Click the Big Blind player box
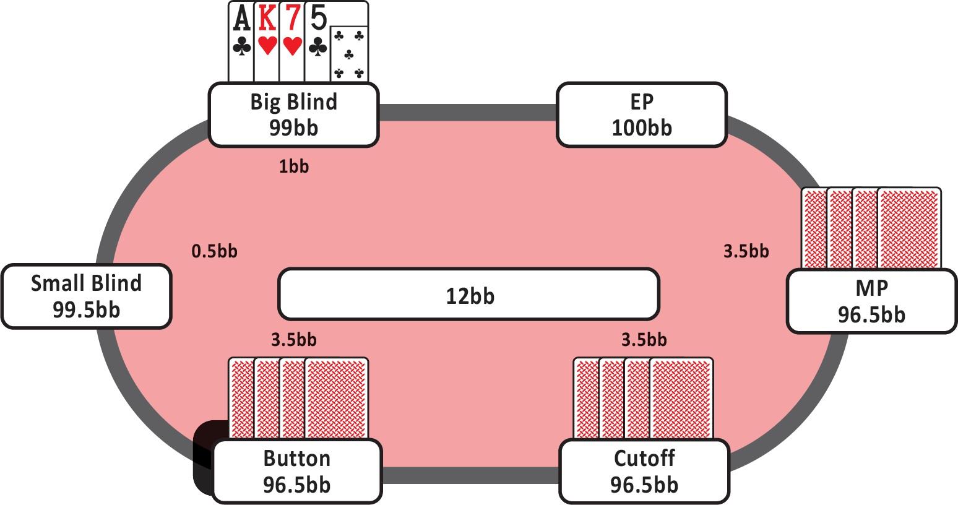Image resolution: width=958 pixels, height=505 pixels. click(293, 114)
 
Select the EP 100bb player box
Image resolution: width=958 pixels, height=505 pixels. click(641, 114)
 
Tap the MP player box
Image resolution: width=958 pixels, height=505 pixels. click(871, 301)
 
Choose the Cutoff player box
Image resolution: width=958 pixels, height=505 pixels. click(644, 471)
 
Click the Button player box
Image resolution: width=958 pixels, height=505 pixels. click(296, 471)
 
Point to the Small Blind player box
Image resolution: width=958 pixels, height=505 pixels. click(86, 296)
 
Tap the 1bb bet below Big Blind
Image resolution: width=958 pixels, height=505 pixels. click(293, 166)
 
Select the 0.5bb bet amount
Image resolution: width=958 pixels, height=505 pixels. click(214, 251)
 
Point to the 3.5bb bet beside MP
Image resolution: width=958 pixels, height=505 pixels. click(746, 251)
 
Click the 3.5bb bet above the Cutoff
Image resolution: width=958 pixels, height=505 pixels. click(644, 339)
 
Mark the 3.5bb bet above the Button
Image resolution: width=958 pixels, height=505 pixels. click(293, 339)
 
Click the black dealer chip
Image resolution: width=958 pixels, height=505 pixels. click(204, 458)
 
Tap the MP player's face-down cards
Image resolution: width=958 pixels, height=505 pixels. click(871, 228)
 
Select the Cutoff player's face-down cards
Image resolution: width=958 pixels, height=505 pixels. click(644, 397)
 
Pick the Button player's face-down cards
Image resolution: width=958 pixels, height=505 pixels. click(298, 397)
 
